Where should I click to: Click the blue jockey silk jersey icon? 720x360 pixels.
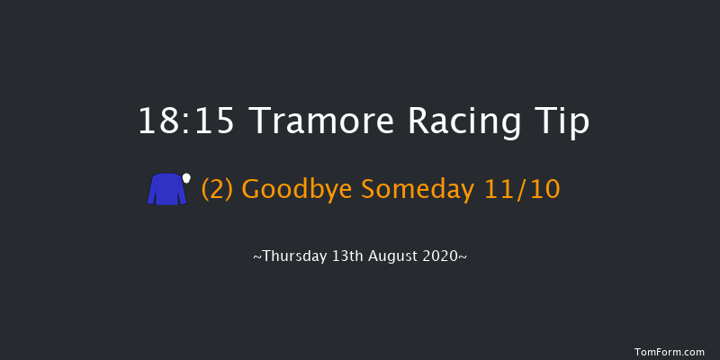tap(166, 191)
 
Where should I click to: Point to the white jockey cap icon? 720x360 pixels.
tap(187, 178)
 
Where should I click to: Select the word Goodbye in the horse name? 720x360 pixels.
tap(297, 190)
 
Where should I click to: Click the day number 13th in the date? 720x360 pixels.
tap(347, 256)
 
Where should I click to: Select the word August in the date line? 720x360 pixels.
tap(396, 256)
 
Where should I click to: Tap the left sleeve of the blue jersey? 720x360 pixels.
tap(152, 191)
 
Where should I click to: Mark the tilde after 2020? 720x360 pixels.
tap(463, 257)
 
